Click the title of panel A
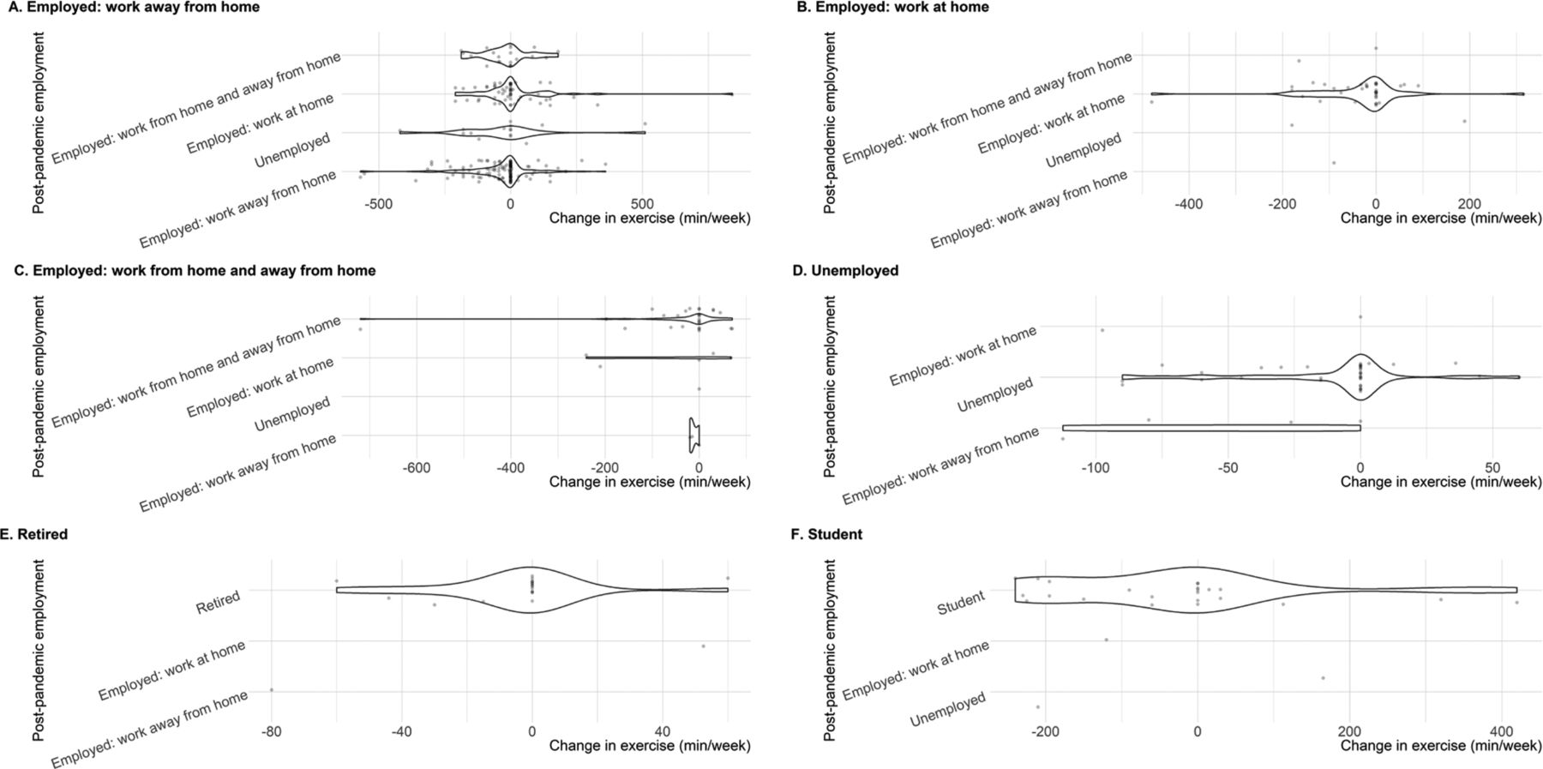click(x=130, y=7)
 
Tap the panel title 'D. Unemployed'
click(x=846, y=271)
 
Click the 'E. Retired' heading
click(x=34, y=534)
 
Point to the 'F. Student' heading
click(x=828, y=534)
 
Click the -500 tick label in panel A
click(x=378, y=205)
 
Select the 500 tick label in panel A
click(x=642, y=205)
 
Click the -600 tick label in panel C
click(x=417, y=469)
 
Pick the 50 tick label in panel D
click(x=1492, y=469)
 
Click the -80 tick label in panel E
click(x=271, y=732)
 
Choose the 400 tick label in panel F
click(x=1502, y=732)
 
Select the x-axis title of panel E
click(x=650, y=746)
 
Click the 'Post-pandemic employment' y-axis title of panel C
click(x=39, y=387)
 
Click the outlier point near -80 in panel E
click(x=271, y=689)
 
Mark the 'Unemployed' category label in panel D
click(x=995, y=395)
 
